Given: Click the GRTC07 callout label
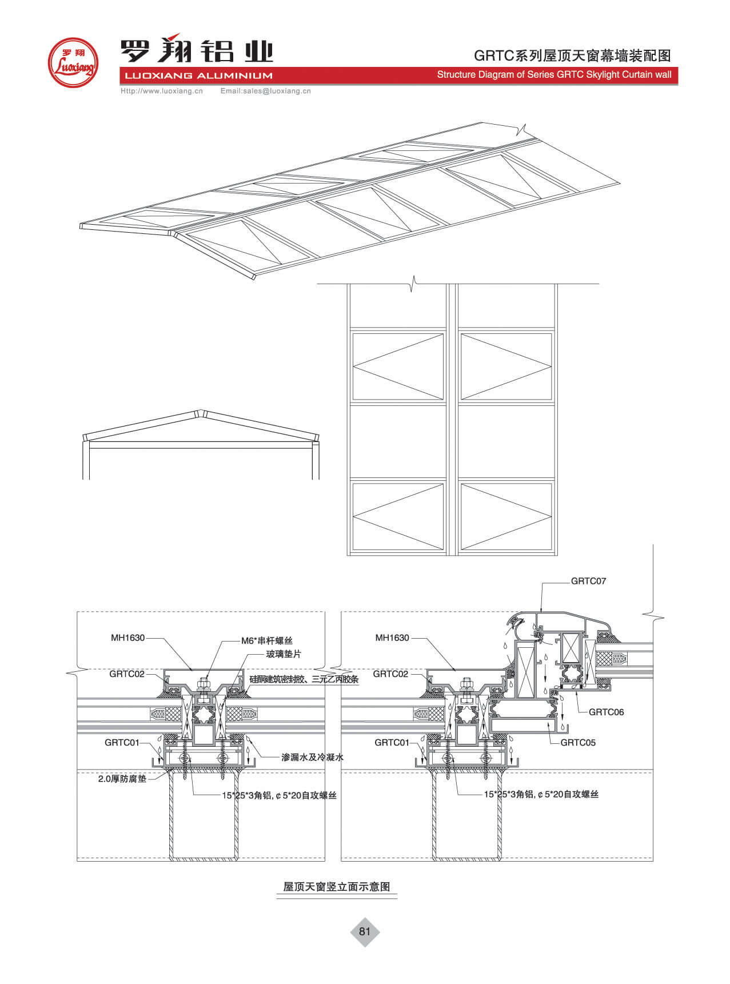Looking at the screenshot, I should click(x=588, y=581).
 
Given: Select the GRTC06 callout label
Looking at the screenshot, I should click(x=606, y=712).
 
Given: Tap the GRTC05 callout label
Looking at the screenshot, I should click(x=578, y=742).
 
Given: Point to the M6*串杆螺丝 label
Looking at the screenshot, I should click(x=266, y=641).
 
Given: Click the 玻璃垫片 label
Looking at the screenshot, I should click(x=284, y=654).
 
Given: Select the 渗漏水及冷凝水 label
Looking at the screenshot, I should click(x=312, y=757).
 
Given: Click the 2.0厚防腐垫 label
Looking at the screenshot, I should click(x=122, y=779).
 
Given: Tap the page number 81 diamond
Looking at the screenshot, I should click(x=365, y=931).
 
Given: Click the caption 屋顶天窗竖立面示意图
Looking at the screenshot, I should click(x=337, y=887).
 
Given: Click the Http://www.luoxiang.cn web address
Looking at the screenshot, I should click(x=162, y=91).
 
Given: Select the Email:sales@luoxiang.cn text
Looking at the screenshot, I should click(x=265, y=91).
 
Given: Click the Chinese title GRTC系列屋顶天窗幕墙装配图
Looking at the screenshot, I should click(x=572, y=55).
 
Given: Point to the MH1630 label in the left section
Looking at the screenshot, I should click(x=128, y=638).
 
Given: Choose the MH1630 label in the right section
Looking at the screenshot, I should click(x=392, y=638).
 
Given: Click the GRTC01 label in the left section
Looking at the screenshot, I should click(x=122, y=742).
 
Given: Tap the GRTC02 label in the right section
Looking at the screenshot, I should click(x=390, y=674).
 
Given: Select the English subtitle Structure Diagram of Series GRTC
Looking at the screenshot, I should click(x=554, y=75).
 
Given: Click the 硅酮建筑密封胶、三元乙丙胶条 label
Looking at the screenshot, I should click(x=304, y=679).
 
